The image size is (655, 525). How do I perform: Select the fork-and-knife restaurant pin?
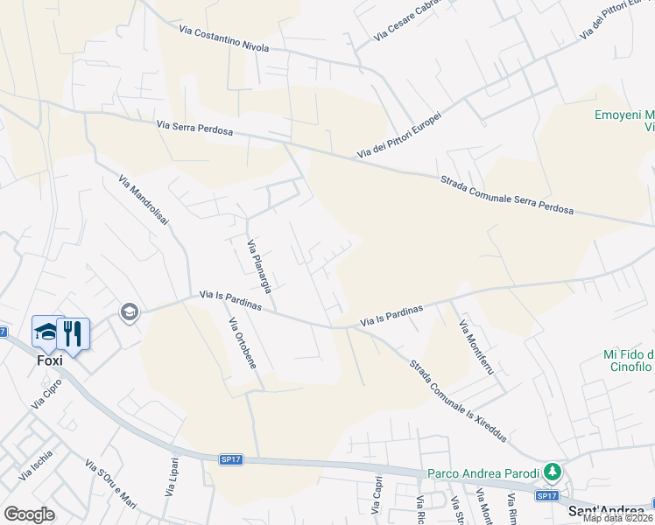click(x=74, y=333)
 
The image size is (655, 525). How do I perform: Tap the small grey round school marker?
click(x=130, y=313)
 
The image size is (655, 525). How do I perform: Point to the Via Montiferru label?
click(x=477, y=347)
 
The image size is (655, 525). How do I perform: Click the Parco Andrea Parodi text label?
click(x=483, y=473)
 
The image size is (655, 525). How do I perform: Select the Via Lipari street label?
click(x=173, y=479)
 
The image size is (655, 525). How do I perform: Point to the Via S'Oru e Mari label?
click(x=111, y=484)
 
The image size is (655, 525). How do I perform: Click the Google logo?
click(x=30, y=514)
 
